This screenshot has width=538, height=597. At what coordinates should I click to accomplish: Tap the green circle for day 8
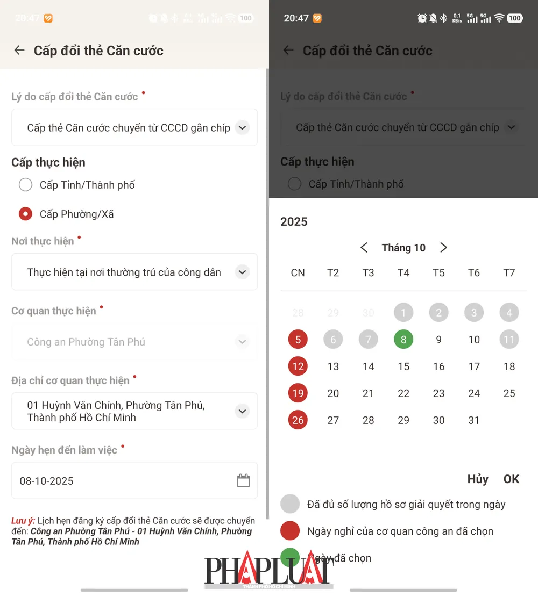(x=403, y=340)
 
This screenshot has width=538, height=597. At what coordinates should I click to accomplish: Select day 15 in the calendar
(x=403, y=366)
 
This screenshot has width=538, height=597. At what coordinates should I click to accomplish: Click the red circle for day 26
(x=298, y=420)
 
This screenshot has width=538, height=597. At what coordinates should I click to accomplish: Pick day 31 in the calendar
(x=474, y=420)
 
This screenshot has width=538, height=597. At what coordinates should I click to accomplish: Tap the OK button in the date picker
(x=511, y=479)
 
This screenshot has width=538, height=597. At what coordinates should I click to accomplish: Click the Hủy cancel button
(x=478, y=479)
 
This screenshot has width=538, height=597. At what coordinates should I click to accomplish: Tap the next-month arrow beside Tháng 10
(x=443, y=248)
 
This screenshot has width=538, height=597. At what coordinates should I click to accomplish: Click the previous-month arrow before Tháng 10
(x=364, y=248)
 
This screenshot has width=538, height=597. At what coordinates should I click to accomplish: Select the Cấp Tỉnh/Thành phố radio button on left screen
(x=25, y=185)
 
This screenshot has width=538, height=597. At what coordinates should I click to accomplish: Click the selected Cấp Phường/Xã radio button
(x=25, y=214)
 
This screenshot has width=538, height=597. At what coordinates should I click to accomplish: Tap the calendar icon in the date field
(x=243, y=480)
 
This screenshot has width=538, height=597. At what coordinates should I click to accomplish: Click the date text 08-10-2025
(x=47, y=481)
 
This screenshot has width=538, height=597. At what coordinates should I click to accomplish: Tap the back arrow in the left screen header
(x=19, y=51)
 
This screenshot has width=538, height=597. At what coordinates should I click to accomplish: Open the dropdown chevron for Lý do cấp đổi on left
(x=242, y=128)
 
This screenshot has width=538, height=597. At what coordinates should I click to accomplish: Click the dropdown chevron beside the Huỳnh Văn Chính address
(x=242, y=411)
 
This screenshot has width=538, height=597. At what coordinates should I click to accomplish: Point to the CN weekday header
(x=298, y=273)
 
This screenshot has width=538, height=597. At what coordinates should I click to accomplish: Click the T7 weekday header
(x=509, y=273)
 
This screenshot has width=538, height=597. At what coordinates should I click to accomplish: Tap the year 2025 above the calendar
(x=294, y=222)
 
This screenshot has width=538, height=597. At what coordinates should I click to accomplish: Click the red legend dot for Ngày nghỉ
(x=291, y=531)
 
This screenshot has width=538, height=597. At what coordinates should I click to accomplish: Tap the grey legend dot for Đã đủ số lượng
(x=291, y=504)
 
